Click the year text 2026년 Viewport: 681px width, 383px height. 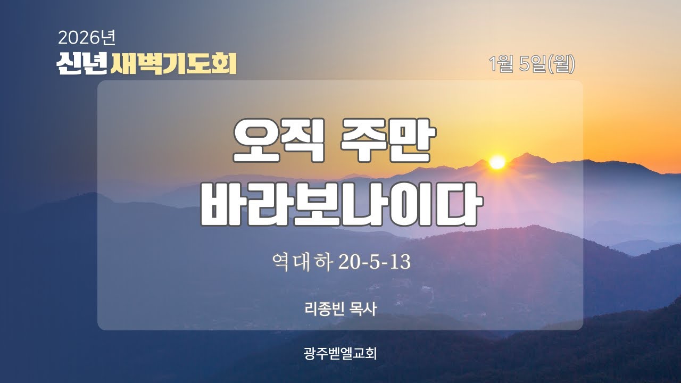pyautogui.click(x=87, y=37)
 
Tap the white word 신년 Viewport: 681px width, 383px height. pyautogui.click(x=82, y=63)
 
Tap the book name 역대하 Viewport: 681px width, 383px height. pyautogui.click(x=301, y=262)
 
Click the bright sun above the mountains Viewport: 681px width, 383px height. pyautogui.click(x=497, y=162)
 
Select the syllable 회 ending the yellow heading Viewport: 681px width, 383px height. pyautogui.click(x=225, y=63)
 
